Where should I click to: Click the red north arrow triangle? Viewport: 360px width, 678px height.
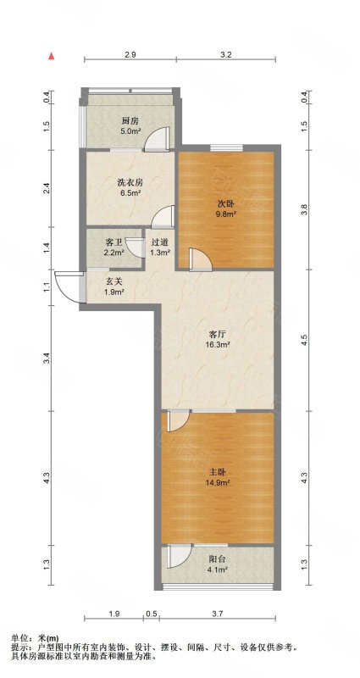(x=52, y=56)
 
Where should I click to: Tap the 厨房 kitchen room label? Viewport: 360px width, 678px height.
(x=130, y=121)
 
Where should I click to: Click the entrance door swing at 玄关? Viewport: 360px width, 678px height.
(x=66, y=286)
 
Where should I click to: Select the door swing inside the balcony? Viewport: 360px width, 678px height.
(x=177, y=555)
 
